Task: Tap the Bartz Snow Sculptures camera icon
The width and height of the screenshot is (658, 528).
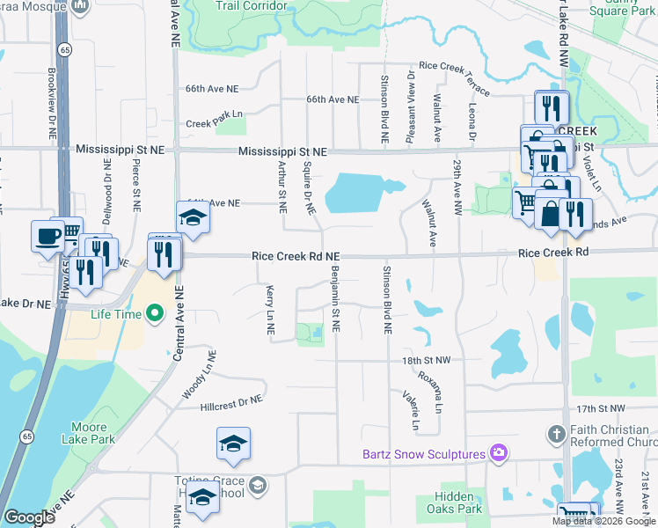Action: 499,453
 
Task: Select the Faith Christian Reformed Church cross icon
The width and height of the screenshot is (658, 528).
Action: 555,434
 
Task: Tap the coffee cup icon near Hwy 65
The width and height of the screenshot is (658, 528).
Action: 46,236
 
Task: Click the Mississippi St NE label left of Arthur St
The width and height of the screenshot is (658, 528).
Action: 120,151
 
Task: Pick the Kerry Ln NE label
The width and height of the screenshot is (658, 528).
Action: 270,310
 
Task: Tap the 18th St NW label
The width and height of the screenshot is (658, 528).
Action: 429,360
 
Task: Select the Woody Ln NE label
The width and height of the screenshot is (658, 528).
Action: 199,376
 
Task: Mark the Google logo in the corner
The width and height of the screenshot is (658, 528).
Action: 30,517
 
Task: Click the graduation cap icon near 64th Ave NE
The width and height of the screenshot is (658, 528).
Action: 193,217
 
